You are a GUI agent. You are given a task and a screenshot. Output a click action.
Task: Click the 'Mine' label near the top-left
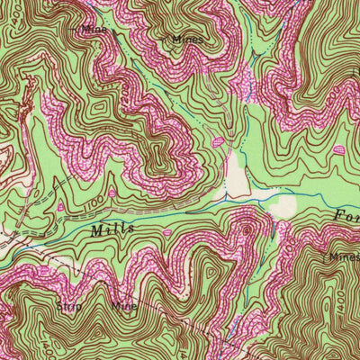[93, 29]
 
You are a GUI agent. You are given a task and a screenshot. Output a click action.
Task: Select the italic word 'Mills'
[112, 230]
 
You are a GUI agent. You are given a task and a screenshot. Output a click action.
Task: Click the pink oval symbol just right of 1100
[112, 192]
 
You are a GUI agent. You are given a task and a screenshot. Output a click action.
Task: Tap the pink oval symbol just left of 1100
[60, 207]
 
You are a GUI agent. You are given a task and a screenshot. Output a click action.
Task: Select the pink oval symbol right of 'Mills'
[166, 232]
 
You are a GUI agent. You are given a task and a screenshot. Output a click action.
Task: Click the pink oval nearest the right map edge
[338, 149]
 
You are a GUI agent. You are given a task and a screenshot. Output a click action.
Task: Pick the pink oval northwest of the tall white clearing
[218, 141]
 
